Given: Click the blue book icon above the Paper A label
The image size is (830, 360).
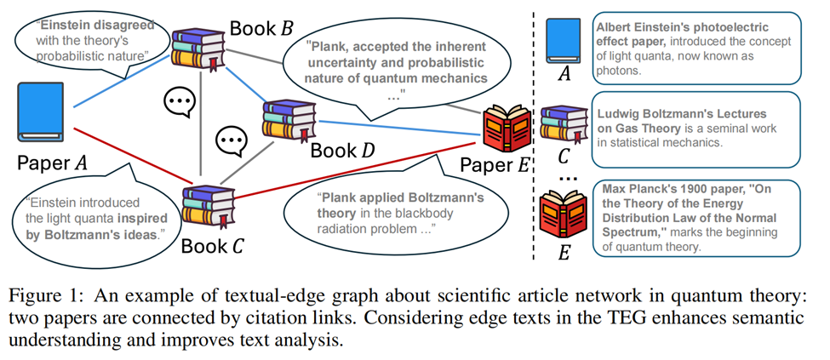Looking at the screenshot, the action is pyautogui.click(x=40, y=111).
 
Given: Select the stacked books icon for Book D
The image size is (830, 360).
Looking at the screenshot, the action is pyautogui.click(x=289, y=121).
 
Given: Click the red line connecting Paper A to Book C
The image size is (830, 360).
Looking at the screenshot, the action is pyautogui.click(x=133, y=156).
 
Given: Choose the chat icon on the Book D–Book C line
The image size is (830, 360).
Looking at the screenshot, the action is pyautogui.click(x=232, y=141).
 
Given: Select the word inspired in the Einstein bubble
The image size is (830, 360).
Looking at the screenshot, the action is pyautogui.click(x=146, y=218).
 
